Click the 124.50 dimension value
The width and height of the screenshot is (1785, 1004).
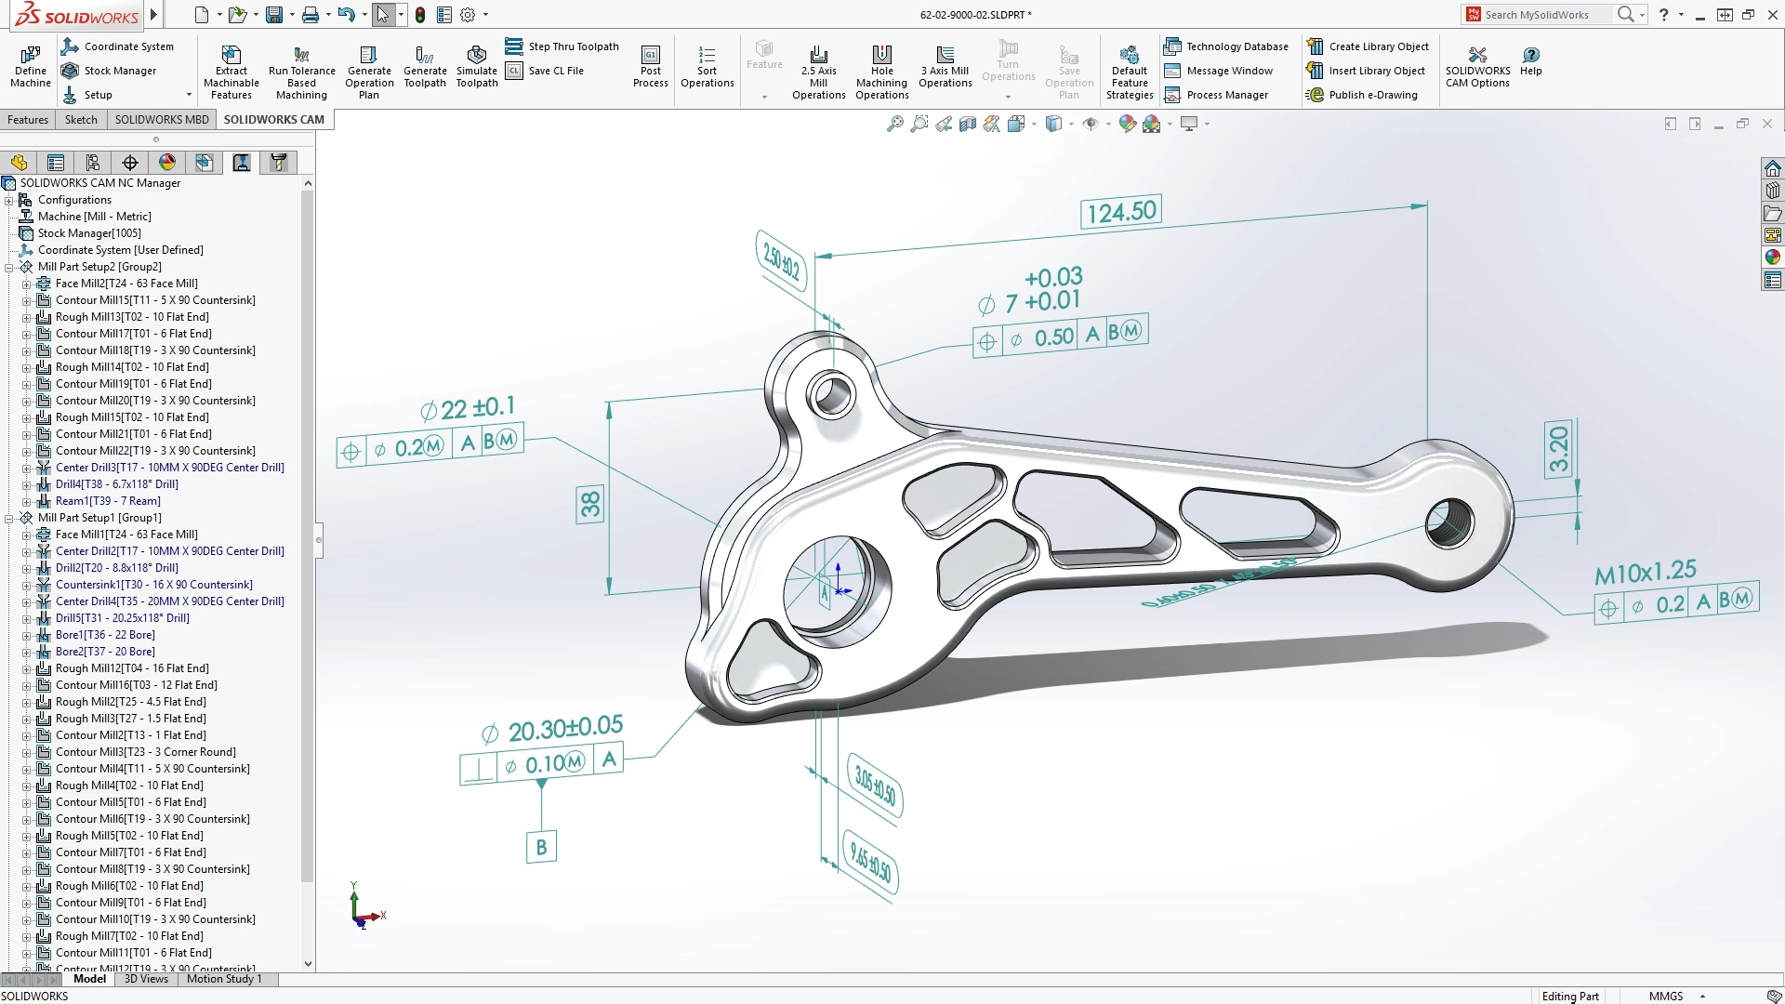pyautogui.click(x=1121, y=213)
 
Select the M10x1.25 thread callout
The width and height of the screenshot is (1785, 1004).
pyautogui.click(x=1645, y=573)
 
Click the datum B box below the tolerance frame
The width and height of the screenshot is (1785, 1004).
pyautogui.click(x=541, y=847)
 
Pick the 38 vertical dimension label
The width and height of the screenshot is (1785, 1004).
pyautogui.click(x=590, y=505)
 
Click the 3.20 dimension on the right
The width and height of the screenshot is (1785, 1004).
pyautogui.click(x=1559, y=450)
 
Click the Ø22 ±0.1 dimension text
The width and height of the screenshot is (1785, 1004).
pyautogui.click(x=467, y=409)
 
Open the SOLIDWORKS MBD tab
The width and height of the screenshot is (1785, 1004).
pyautogui.click(x=162, y=120)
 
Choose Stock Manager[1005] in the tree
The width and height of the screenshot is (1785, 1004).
pyautogui.click(x=89, y=233)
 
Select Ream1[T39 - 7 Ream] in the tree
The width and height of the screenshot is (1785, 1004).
pyautogui.click(x=108, y=501)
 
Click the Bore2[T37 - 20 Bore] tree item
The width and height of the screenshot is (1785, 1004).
pyautogui.click(x=105, y=652)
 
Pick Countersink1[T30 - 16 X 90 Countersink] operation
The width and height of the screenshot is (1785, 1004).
pyautogui.click(x=153, y=585)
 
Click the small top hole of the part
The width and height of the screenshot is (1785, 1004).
pyautogui.click(x=831, y=395)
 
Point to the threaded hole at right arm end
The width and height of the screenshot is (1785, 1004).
pyautogui.click(x=1449, y=522)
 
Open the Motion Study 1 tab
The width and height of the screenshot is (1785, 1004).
pyautogui.click(x=224, y=979)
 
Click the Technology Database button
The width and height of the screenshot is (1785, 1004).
pyautogui.click(x=1236, y=46)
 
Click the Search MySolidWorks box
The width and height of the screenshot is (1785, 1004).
pyautogui.click(x=1546, y=15)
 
